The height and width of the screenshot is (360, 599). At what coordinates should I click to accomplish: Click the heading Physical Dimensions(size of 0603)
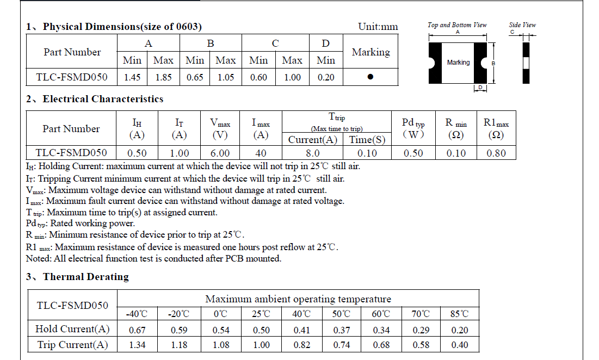click(x=122, y=27)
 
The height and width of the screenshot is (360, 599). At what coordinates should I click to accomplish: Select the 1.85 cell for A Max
click(x=163, y=77)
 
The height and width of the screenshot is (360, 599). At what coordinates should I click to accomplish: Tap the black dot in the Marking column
click(x=370, y=77)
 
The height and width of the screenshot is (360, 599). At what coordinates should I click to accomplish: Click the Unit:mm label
click(x=378, y=27)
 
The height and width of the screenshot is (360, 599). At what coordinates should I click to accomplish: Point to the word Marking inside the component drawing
click(x=458, y=63)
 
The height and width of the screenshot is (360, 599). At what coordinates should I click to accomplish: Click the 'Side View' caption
click(x=522, y=25)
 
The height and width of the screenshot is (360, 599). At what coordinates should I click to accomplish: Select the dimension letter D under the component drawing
click(x=480, y=88)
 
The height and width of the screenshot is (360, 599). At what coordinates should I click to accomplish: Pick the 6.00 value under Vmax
click(x=220, y=153)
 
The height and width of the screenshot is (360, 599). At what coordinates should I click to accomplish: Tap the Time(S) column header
click(x=367, y=140)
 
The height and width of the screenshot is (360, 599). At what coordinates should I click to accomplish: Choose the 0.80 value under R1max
click(x=496, y=153)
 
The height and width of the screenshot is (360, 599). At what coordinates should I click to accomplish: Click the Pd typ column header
click(x=413, y=129)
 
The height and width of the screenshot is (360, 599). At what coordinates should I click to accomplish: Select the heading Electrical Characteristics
click(x=103, y=99)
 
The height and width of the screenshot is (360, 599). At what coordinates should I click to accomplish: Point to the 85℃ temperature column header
click(x=459, y=314)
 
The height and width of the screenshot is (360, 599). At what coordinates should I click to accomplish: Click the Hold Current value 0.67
click(x=138, y=330)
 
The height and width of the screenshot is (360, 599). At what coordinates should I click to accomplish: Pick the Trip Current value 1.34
click(x=138, y=345)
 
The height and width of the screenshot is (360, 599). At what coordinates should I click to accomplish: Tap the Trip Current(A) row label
click(x=72, y=345)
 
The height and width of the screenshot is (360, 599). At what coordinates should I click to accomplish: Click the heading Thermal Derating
click(x=86, y=277)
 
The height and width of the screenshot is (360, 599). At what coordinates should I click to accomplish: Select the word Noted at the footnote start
click(x=38, y=259)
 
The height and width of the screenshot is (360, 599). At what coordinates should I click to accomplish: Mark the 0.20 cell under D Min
click(x=325, y=77)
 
